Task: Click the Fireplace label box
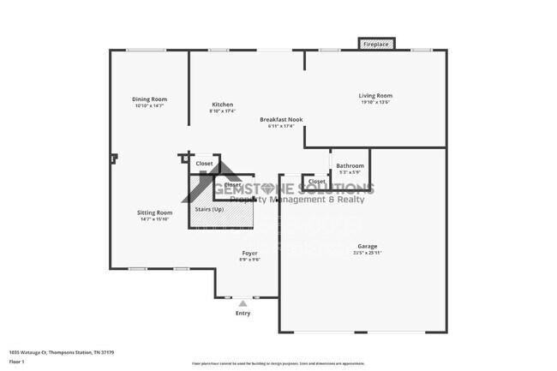(376, 44)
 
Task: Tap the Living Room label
(375, 95)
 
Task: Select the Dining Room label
(149, 99)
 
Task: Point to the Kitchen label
(222, 105)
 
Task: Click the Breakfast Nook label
(281, 120)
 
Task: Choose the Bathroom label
(350, 165)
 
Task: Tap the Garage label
(368, 246)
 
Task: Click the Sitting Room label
(154, 212)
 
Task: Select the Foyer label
(249, 253)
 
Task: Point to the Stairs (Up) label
(210, 208)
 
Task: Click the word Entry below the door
(243, 313)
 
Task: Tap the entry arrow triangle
(243, 302)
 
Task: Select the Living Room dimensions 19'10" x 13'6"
(375, 102)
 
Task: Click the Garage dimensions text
(368, 253)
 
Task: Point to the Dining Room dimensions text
(149, 105)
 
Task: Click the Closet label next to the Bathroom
(316, 182)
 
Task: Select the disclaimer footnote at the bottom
(278, 364)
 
